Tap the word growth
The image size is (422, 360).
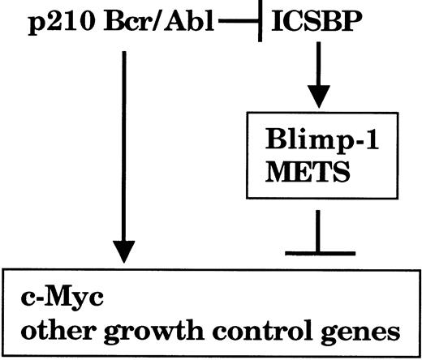tap(152, 333)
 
